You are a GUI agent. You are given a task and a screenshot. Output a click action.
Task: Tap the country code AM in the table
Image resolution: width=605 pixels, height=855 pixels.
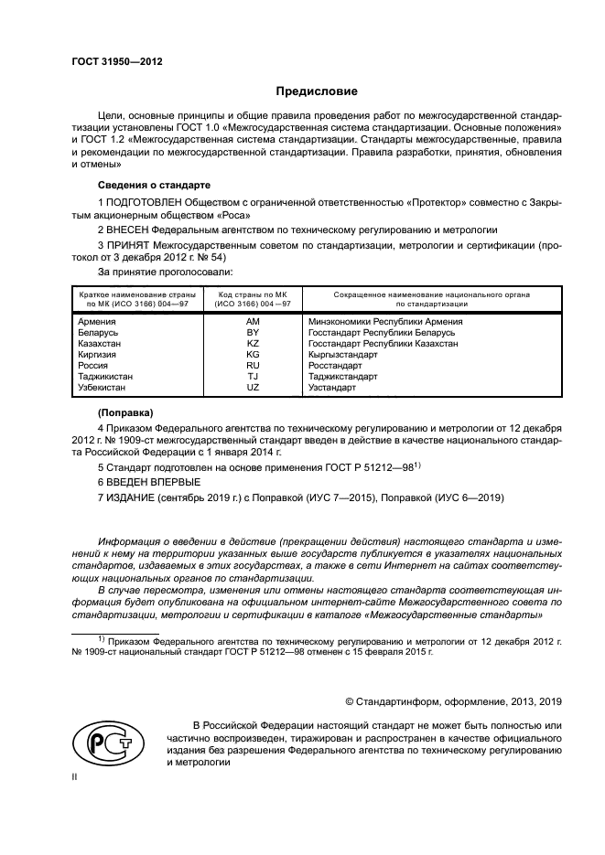point(254,322)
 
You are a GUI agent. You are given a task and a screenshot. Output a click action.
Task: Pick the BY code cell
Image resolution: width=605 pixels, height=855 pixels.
point(254,333)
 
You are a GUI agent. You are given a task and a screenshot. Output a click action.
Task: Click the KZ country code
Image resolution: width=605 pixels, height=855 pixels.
point(254,344)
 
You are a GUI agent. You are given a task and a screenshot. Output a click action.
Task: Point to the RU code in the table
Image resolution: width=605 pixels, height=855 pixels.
point(254,366)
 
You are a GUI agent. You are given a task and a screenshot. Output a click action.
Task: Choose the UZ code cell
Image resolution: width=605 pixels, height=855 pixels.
point(254,388)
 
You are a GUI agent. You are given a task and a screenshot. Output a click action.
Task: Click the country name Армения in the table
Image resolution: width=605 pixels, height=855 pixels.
point(97,322)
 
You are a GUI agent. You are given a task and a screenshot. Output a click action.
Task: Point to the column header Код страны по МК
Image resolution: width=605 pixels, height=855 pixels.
point(254,294)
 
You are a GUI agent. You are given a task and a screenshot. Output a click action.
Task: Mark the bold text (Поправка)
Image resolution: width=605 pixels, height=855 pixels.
point(126,412)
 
